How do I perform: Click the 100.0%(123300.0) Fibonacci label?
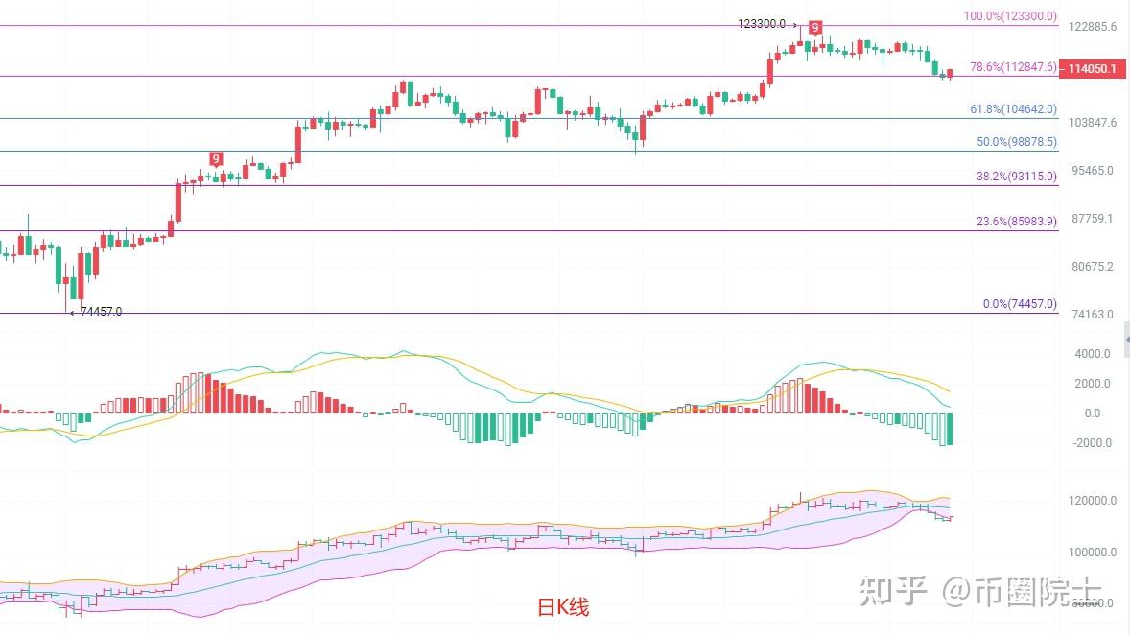click(1010, 16)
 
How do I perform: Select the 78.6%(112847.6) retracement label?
click(1013, 67)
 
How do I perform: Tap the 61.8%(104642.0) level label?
click(1013, 109)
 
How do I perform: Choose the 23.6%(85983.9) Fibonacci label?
click(1016, 222)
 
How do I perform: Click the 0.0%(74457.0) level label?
click(1020, 304)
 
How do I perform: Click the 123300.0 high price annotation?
click(762, 24)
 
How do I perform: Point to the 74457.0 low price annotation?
click(101, 312)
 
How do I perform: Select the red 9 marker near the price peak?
click(814, 28)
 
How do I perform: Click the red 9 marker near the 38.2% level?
click(216, 159)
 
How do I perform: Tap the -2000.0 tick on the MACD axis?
click(1093, 443)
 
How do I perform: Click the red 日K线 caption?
click(562, 607)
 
